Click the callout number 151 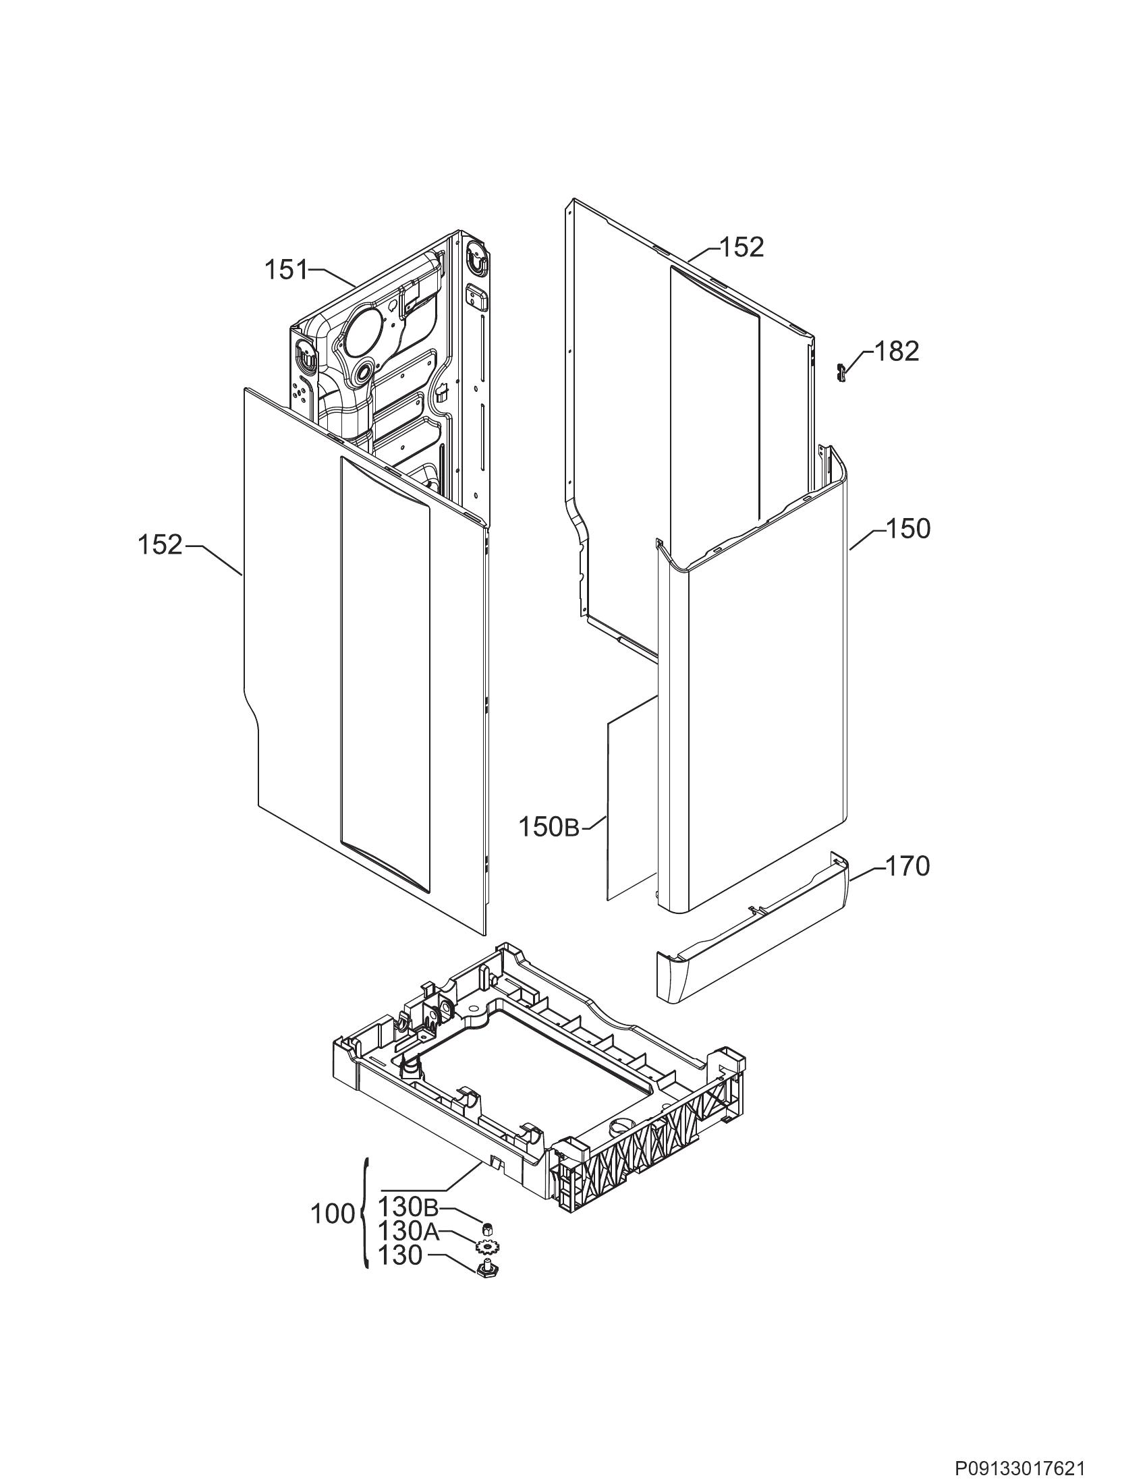click(285, 270)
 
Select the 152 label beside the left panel click(161, 545)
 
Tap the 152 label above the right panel click(742, 248)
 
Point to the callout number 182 click(897, 351)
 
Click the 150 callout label click(907, 529)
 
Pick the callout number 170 click(907, 866)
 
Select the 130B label click(408, 1207)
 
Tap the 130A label click(408, 1230)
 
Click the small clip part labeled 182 click(840, 372)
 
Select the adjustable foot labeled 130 click(486, 1267)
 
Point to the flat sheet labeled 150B click(632, 799)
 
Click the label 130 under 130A click(400, 1256)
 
